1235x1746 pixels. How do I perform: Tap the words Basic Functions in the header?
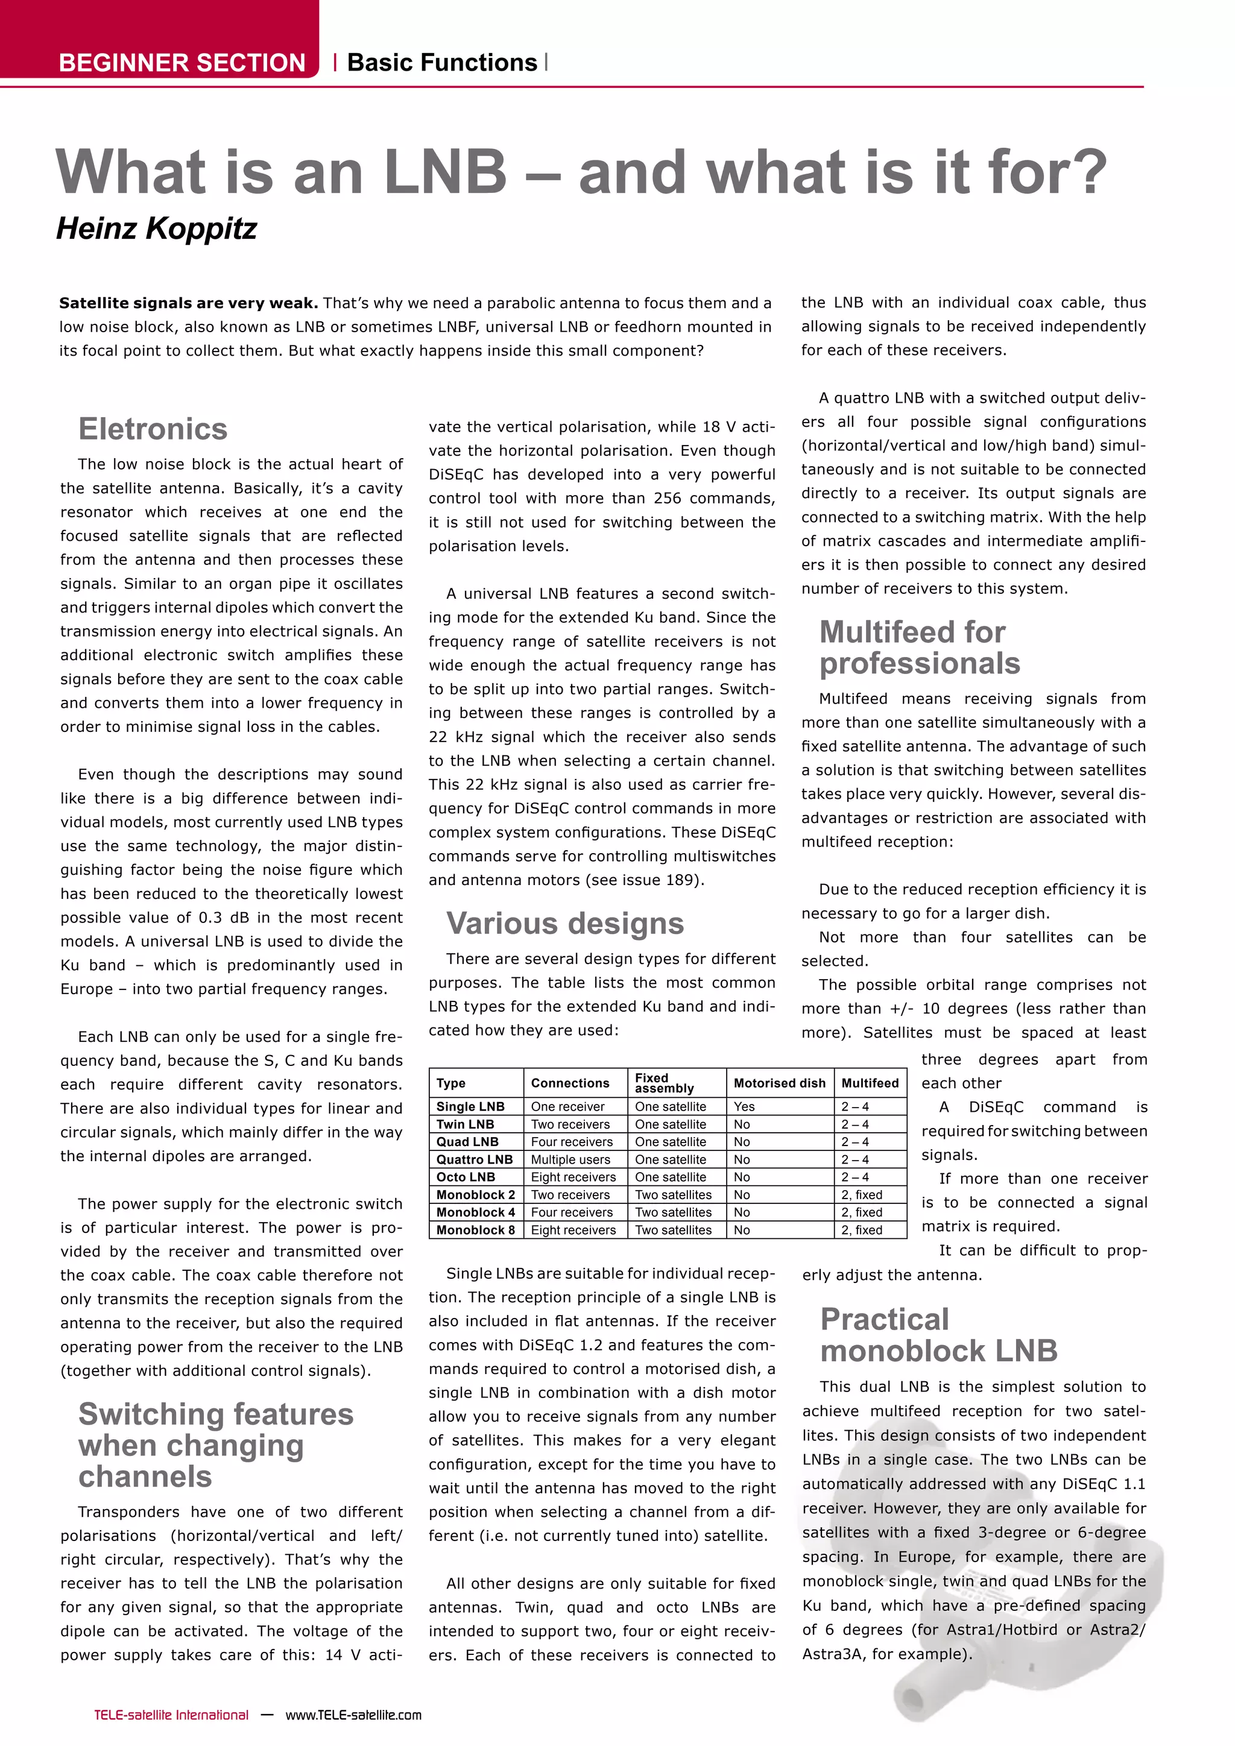[442, 62]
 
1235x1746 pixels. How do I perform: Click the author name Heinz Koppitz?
[157, 228]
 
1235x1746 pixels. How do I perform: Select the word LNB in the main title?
[445, 172]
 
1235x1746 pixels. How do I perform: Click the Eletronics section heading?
[153, 429]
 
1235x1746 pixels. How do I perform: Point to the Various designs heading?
[565, 923]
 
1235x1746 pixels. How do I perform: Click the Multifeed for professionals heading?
[920, 647]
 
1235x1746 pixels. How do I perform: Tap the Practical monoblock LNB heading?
[938, 1335]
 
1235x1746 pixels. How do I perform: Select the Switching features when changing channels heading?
[215, 1445]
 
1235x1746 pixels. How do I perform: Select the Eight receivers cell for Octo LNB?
[573, 1177]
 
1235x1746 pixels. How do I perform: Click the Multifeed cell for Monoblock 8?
[862, 1230]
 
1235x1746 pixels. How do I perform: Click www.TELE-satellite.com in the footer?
[353, 1715]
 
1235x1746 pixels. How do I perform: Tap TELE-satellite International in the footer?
[171, 1715]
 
